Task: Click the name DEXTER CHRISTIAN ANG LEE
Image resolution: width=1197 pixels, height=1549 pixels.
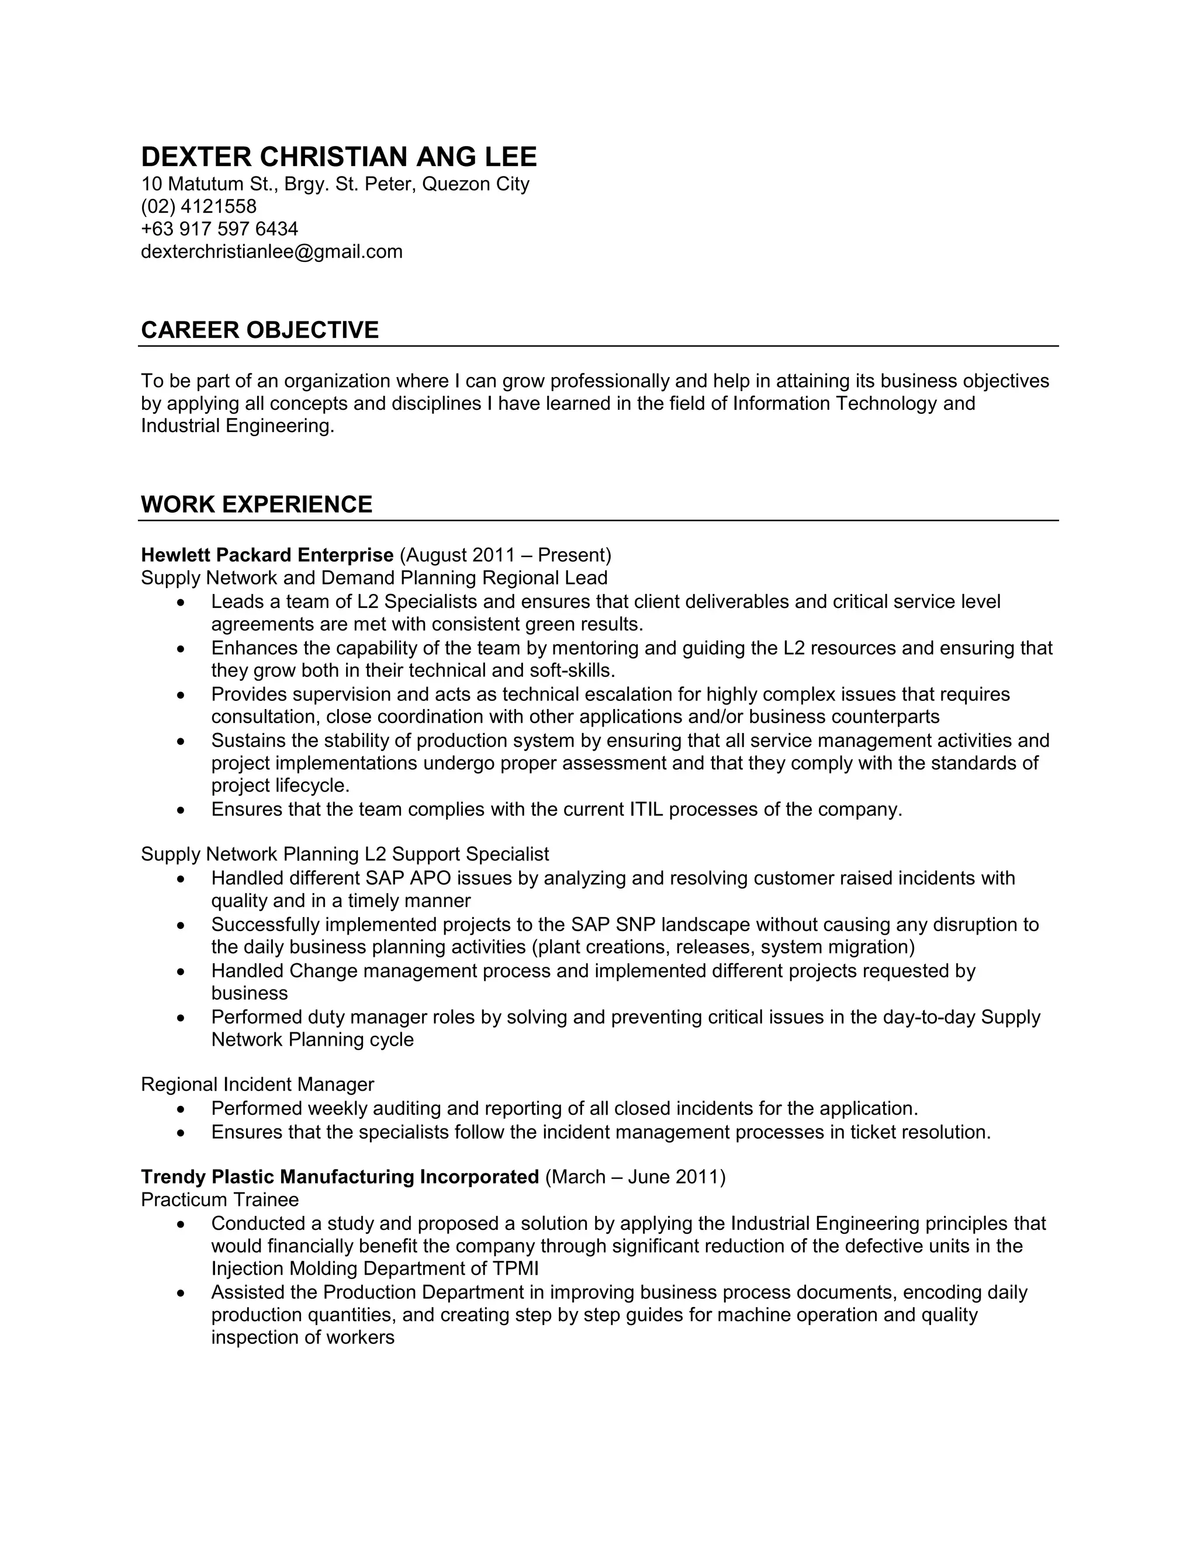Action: (x=339, y=157)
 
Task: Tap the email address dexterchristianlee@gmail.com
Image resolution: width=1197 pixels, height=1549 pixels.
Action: (x=272, y=252)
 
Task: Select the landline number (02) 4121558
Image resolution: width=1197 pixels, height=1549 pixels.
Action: (x=199, y=206)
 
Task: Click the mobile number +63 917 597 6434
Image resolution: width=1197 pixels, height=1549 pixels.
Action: (x=219, y=229)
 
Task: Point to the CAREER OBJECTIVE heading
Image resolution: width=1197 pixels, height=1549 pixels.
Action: (x=260, y=330)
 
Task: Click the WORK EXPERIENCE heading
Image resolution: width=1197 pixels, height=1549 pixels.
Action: (x=256, y=504)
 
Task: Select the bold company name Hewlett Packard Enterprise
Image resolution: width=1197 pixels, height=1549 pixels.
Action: (x=267, y=555)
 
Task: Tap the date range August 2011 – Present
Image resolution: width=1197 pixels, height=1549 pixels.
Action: (x=505, y=555)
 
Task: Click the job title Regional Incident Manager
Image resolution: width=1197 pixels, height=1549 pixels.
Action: (x=257, y=1084)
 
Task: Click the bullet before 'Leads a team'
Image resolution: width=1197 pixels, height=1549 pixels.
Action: (x=182, y=603)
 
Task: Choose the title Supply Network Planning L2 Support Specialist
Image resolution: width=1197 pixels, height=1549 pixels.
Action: (x=345, y=854)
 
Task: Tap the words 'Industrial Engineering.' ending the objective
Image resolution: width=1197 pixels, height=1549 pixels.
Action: (x=237, y=426)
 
